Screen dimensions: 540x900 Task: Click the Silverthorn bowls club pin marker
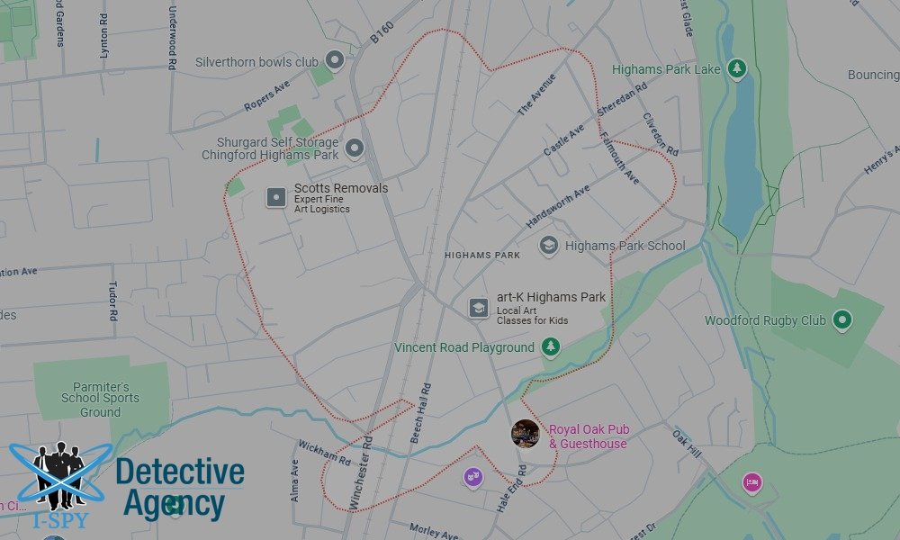(x=335, y=61)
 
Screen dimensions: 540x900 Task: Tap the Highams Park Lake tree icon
(x=737, y=68)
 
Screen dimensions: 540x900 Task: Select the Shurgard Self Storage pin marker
(x=354, y=148)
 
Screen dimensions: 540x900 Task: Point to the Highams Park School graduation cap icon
(x=548, y=245)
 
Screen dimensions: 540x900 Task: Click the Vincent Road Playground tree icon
(x=551, y=347)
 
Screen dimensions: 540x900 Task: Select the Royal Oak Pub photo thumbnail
(x=526, y=433)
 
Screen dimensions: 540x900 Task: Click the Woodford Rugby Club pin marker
(x=841, y=319)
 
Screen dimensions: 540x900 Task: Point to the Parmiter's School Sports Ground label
(x=100, y=398)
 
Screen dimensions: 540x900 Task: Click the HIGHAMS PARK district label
(x=482, y=255)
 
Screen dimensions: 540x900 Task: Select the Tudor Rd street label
(x=113, y=301)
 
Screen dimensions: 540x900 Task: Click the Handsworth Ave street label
(x=558, y=207)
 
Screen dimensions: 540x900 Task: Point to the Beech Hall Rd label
(x=420, y=414)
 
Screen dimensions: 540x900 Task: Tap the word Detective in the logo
(x=179, y=472)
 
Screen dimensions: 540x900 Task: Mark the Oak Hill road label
(x=687, y=442)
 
